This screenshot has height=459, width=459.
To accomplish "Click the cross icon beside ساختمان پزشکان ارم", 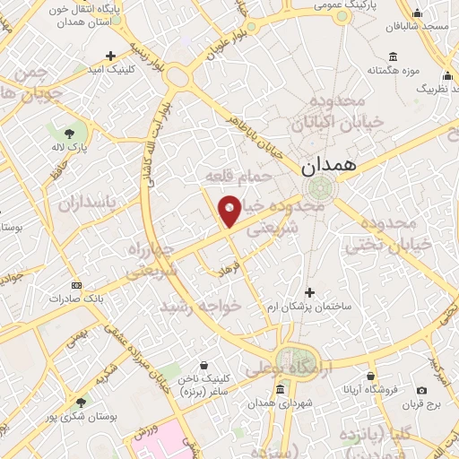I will coord(310,292).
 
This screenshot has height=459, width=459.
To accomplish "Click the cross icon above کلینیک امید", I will coord(111,55).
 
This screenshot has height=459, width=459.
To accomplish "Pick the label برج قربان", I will coord(421,404).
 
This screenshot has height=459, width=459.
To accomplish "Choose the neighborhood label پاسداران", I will coord(90,204).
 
